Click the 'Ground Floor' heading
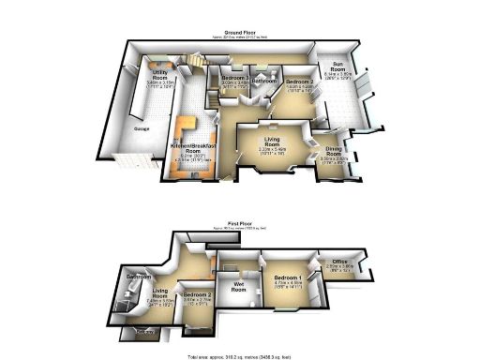(240, 31)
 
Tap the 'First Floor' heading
(240, 223)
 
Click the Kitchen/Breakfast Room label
(195, 148)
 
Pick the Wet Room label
(238, 287)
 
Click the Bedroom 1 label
(288, 279)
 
